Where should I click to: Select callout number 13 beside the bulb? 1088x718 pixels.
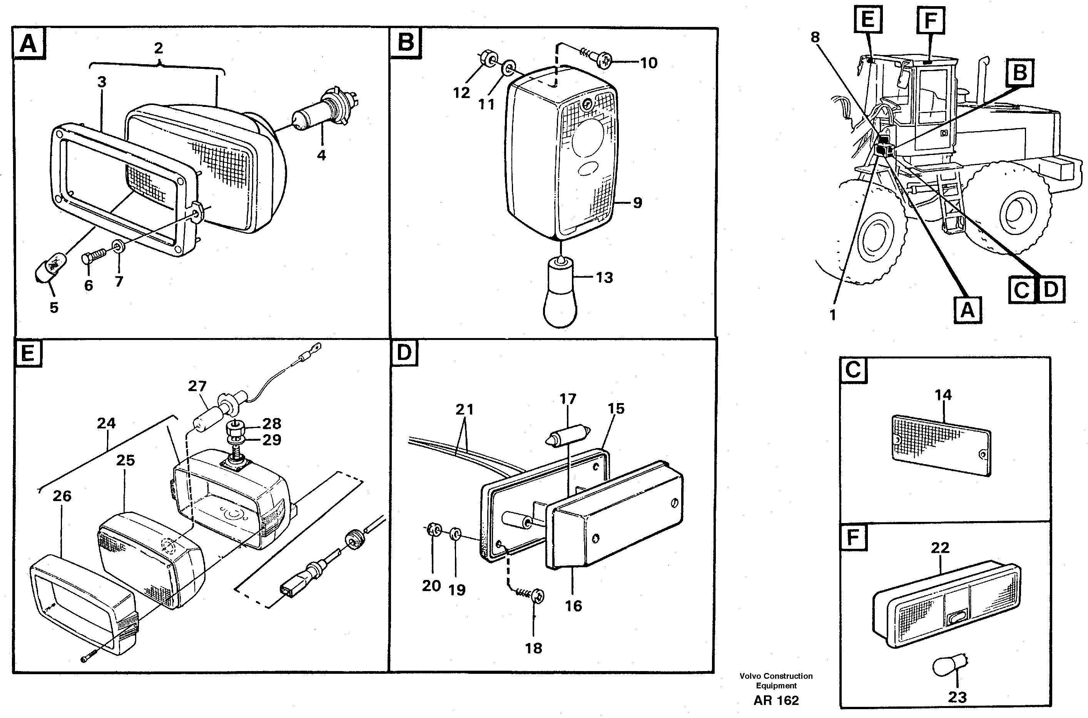[x=604, y=278]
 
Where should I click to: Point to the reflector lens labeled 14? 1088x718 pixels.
[x=941, y=444]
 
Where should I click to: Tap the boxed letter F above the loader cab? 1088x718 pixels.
[x=931, y=21]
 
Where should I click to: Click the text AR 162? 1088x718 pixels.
[x=776, y=701]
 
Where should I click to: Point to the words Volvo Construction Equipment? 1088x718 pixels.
[x=776, y=680]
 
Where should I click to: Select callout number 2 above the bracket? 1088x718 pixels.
[x=159, y=48]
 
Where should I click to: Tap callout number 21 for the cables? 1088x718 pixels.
[x=464, y=409]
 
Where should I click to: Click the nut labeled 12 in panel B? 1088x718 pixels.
[x=488, y=60]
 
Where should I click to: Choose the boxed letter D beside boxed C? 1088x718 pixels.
[x=1050, y=290]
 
